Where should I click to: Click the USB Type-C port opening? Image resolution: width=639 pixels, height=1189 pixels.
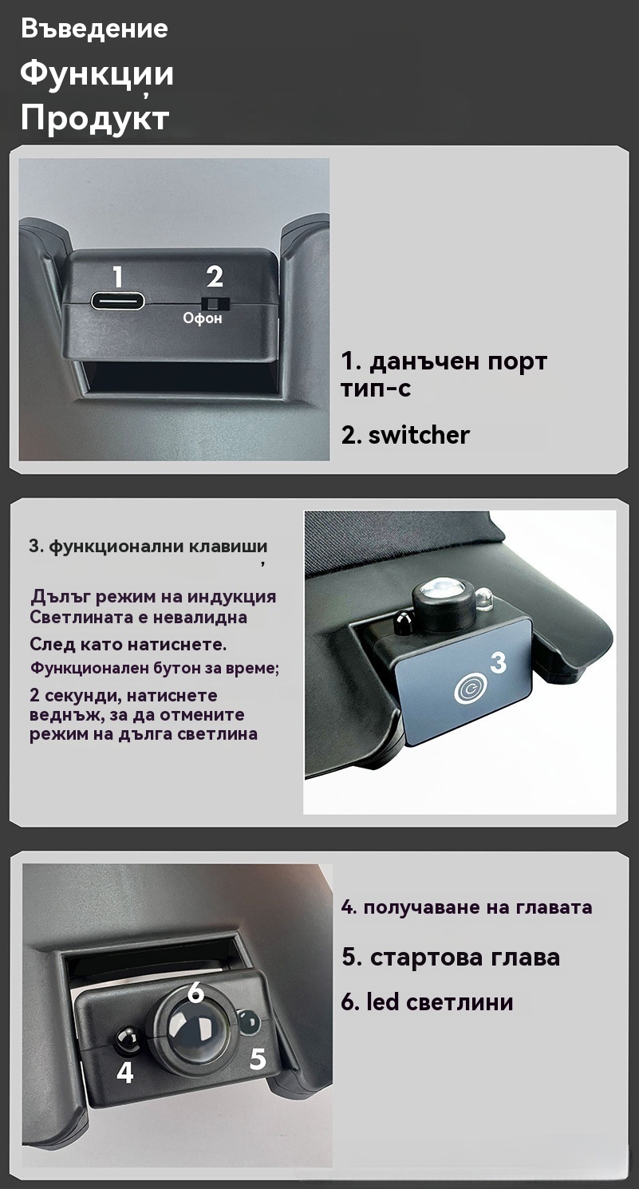(x=117, y=301)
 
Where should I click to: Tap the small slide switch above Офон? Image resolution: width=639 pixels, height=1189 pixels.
(x=215, y=304)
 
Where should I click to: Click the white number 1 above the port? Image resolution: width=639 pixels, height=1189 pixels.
(x=118, y=277)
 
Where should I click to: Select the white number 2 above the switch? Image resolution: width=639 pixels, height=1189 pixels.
(x=215, y=277)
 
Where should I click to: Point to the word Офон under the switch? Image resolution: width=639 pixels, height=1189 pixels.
(x=202, y=318)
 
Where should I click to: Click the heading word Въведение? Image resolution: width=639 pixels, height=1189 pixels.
(x=94, y=29)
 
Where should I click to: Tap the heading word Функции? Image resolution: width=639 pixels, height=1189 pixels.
(x=97, y=74)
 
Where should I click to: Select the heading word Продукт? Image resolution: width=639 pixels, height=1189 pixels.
(x=95, y=118)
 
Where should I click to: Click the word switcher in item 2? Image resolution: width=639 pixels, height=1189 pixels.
(x=419, y=435)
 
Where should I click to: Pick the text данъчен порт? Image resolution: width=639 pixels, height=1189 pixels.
(x=457, y=362)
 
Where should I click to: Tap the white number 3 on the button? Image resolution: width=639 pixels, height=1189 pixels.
(x=498, y=662)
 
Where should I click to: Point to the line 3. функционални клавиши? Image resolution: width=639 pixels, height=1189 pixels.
(x=148, y=547)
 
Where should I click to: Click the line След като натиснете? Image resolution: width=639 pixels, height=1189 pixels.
(x=128, y=645)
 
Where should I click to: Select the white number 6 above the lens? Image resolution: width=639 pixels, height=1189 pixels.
(x=195, y=992)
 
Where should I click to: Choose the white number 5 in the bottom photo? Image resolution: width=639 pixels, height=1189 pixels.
(x=258, y=1060)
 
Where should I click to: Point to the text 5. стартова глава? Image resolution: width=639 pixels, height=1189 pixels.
(x=451, y=958)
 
